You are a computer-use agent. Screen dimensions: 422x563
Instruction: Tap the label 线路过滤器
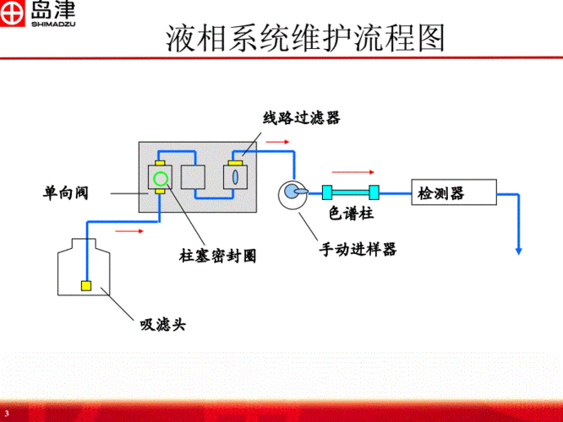301,118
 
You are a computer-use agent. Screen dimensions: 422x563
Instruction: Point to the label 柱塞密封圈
218,254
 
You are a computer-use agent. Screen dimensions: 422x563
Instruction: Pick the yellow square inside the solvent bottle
86,285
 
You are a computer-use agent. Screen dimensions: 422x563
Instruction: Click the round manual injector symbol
292,192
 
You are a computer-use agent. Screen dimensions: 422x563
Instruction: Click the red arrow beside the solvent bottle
128,229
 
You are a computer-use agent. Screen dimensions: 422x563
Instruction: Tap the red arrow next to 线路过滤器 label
276,141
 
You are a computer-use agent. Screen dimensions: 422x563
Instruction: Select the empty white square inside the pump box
194,177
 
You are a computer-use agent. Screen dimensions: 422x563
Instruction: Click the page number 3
7,413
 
